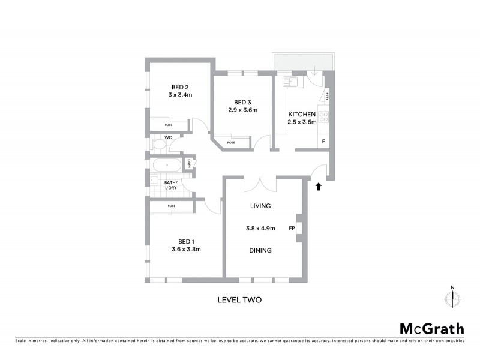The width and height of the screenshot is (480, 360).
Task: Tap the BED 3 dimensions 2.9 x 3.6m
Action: point(242,110)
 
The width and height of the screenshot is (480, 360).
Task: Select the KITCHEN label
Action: point(301,114)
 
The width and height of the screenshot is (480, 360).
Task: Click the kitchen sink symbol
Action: point(292,80)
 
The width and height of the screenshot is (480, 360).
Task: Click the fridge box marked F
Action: point(323,142)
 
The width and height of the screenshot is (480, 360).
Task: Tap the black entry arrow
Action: point(319,187)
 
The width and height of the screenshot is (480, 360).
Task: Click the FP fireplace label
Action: point(292,228)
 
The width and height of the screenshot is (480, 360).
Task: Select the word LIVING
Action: point(260,206)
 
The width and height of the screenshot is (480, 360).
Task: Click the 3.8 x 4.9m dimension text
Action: point(260,228)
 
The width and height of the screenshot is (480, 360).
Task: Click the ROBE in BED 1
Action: point(172,206)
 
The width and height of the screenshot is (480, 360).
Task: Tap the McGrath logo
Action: point(431,328)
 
